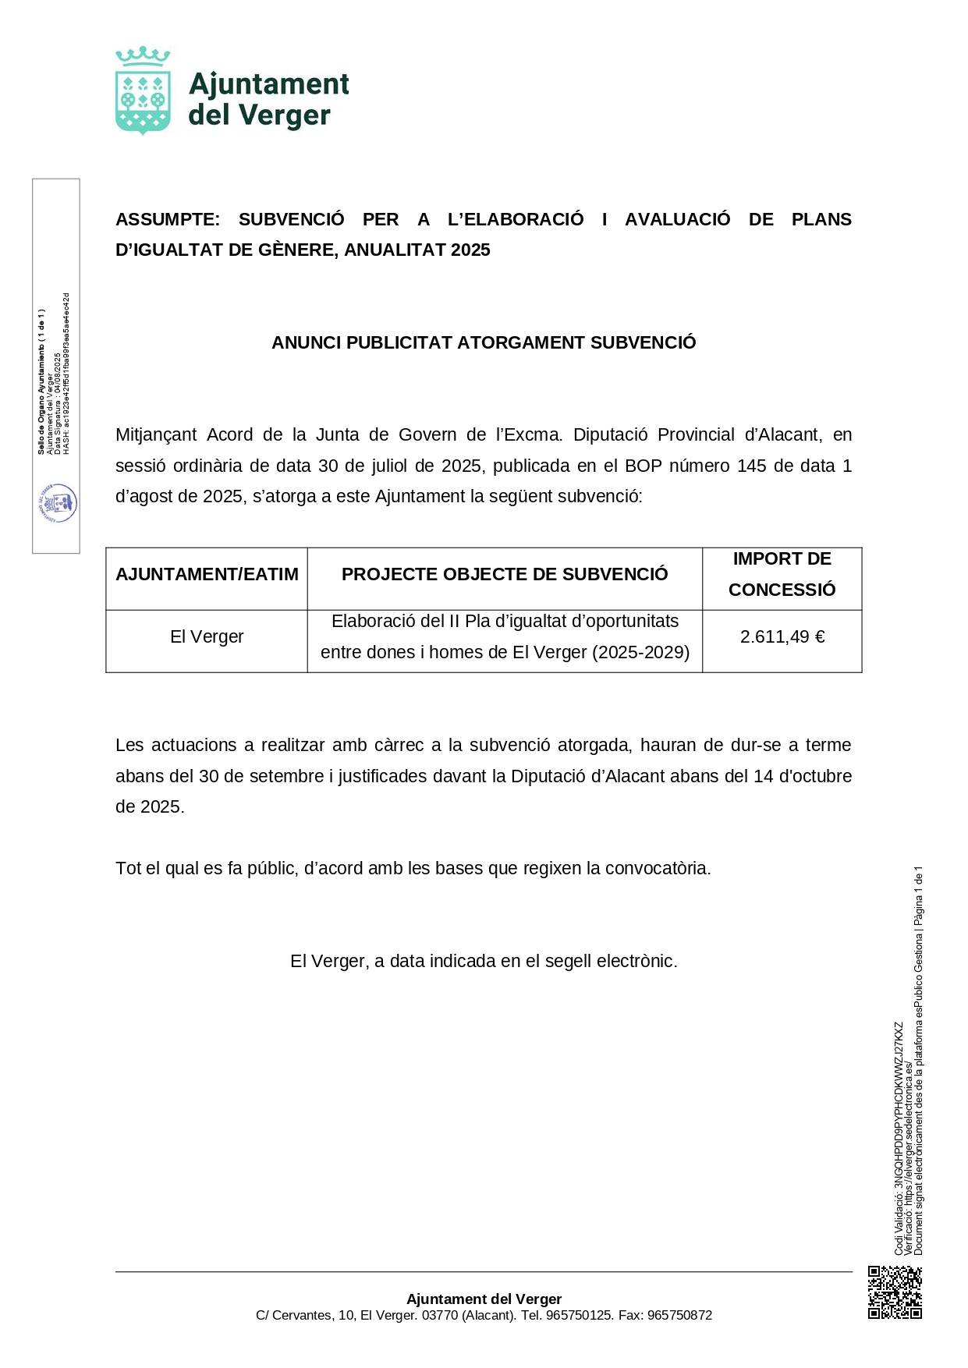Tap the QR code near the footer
tap(895, 1292)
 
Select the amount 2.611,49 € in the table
tap(782, 637)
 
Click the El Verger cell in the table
tap(207, 637)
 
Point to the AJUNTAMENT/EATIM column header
tap(207, 575)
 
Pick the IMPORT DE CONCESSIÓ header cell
tap(782, 575)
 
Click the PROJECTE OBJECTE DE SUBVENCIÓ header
tap(505, 575)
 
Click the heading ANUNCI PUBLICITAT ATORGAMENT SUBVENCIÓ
tap(484, 343)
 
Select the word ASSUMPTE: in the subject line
tap(168, 220)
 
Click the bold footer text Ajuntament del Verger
tap(484, 1299)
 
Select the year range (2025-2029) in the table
tap(640, 653)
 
